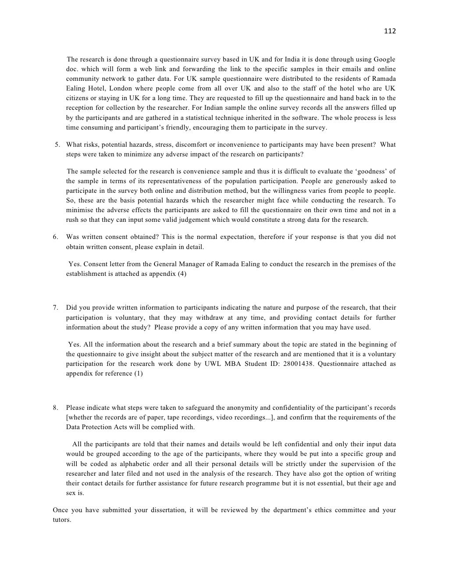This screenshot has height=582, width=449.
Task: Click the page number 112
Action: click(390, 31)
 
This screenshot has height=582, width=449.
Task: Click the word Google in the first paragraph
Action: click(385, 59)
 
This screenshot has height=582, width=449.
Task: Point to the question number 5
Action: click(57, 145)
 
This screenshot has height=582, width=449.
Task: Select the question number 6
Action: click(56, 237)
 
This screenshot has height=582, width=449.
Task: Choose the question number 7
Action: click(56, 308)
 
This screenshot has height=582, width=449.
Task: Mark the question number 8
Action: click(56, 408)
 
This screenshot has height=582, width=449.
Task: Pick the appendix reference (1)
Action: click(139, 373)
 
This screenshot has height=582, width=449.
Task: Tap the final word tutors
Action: click(62, 520)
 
